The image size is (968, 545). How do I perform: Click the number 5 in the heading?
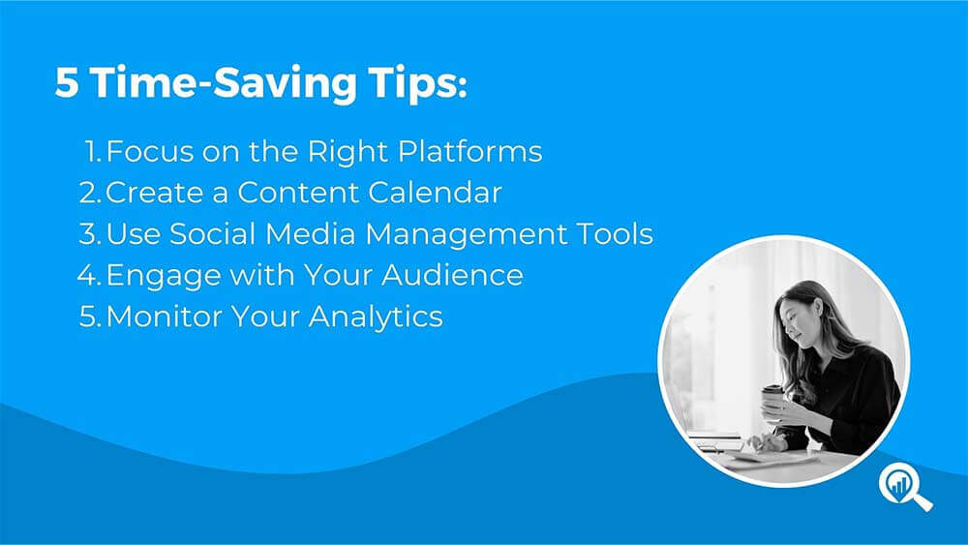[67, 82]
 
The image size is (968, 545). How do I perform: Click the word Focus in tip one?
[150, 151]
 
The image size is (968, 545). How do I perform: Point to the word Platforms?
[469, 151]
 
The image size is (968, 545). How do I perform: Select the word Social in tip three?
[212, 234]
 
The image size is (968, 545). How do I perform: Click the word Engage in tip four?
[164, 276]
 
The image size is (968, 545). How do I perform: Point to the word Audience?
[452, 275]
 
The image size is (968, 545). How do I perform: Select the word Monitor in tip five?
[165, 316]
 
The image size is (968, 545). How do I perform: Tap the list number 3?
[89, 234]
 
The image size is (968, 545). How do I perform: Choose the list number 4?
[89, 275]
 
